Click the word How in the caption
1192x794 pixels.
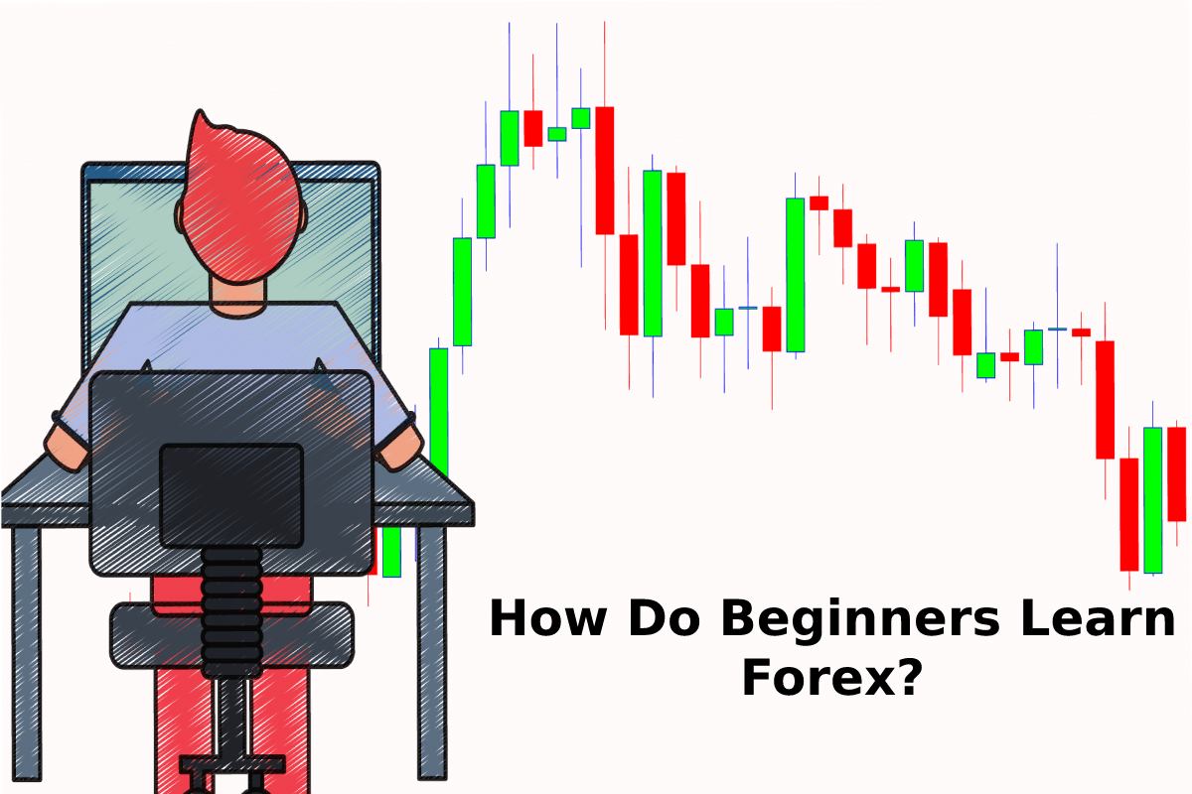pyautogui.click(x=547, y=618)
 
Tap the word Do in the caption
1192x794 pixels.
pyautogui.click(x=664, y=618)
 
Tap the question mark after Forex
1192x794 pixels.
pyautogui.click(x=906, y=676)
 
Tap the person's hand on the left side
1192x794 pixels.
pyautogui.click(x=67, y=450)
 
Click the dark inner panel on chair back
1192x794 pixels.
pyautogui.click(x=231, y=495)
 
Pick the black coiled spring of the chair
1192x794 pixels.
pyautogui.click(x=232, y=611)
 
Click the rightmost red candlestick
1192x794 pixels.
pyautogui.click(x=1176, y=474)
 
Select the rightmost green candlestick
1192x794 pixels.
pyautogui.click(x=1152, y=500)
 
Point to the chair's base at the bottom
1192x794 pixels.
pyautogui.click(x=232, y=766)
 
